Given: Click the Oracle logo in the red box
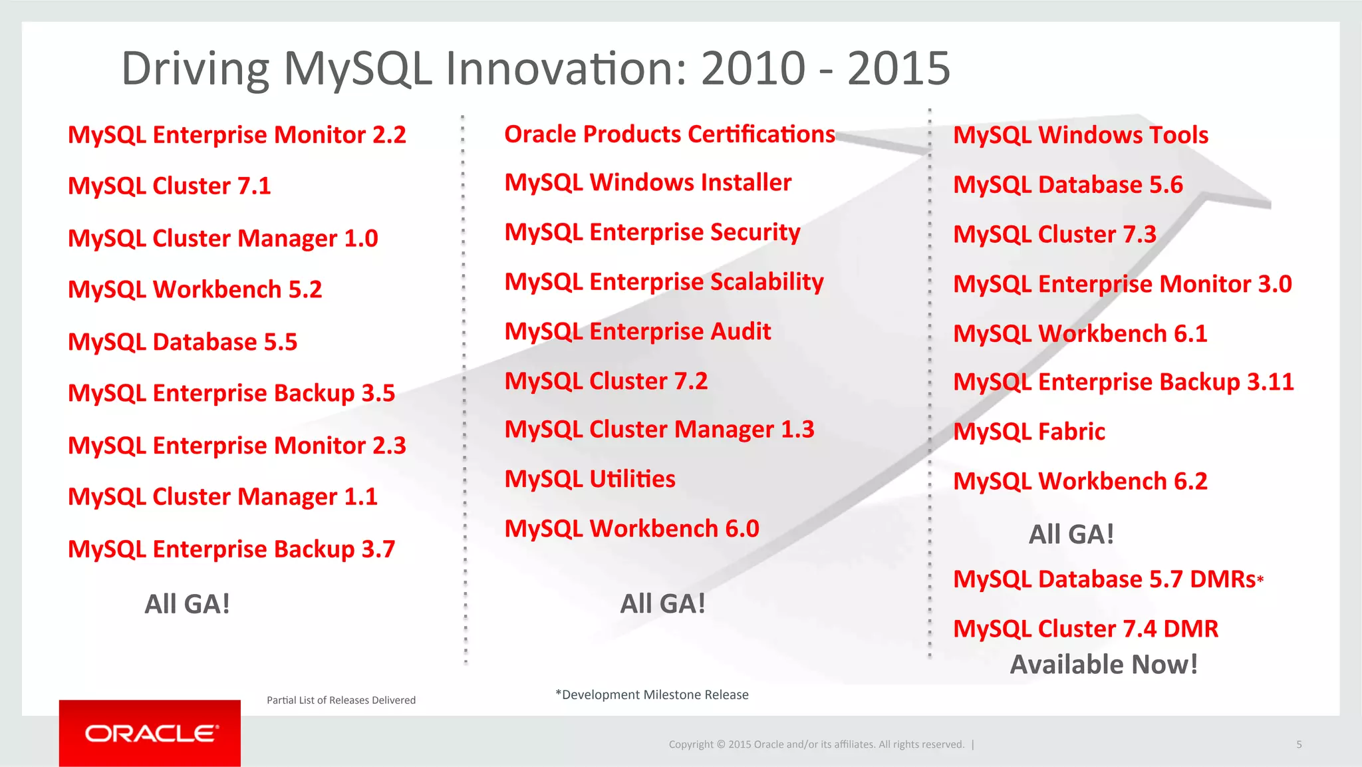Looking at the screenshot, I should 151,733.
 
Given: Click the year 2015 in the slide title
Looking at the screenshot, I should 898,69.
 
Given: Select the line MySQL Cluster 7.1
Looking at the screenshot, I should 170,186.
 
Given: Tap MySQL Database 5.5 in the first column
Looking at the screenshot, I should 183,342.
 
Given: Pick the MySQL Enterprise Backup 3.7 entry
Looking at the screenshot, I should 231,549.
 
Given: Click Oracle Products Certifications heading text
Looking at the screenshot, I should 669,134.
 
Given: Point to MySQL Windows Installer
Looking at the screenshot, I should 648,182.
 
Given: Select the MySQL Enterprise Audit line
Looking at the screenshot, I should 638,331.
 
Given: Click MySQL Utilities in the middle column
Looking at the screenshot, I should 590,479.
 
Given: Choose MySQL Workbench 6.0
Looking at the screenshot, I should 632,529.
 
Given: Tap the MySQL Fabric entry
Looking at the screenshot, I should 1029,432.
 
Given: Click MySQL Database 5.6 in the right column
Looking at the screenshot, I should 1068,185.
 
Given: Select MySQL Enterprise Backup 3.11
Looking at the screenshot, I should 1123,382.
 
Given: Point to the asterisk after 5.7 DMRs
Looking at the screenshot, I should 1260,579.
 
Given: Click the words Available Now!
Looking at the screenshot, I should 1104,665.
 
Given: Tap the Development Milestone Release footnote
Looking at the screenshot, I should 652,694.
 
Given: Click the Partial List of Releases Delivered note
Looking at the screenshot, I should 341,700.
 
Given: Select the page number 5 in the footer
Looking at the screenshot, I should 1299,744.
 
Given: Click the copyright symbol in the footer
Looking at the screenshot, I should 721,744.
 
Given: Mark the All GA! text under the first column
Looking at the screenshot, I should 188,604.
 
